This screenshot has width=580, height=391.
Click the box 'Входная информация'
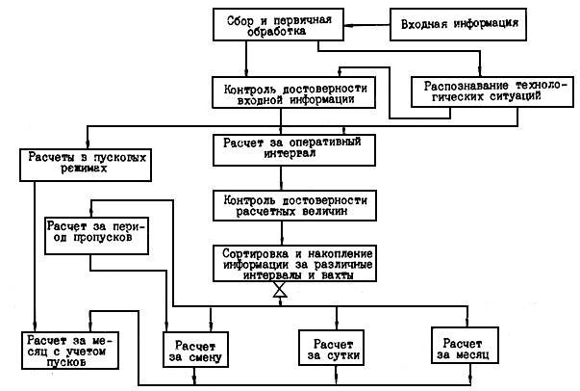pos(458,24)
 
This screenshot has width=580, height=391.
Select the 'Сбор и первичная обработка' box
pos(278,24)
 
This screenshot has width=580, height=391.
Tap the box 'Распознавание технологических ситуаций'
pos(492,91)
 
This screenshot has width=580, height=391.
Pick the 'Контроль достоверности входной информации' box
pos(293,92)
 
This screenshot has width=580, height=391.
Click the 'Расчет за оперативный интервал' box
pos(294,150)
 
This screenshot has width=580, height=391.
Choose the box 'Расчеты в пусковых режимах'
pos(86,165)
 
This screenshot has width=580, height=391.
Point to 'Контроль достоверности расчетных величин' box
pos(294,206)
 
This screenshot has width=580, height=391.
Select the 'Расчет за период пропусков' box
pos(96,236)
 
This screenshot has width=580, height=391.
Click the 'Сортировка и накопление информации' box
pos(294,263)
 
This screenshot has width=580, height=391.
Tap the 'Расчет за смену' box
pos(195,350)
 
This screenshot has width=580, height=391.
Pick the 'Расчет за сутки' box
pos(332,348)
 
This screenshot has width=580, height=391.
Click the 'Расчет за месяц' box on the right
pos(465,345)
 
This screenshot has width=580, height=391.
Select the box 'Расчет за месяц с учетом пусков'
pos(70,351)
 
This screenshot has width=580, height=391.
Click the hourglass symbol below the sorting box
pos(280,290)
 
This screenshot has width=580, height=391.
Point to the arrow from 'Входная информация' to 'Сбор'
pos(366,25)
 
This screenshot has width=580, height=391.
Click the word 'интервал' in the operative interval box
pos(290,154)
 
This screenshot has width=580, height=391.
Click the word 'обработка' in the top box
pos(277,32)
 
